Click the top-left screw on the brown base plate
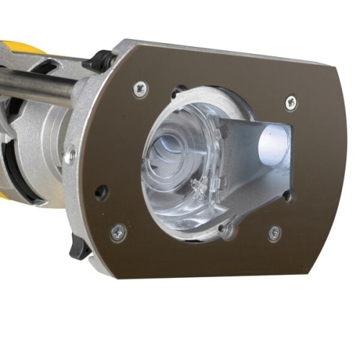click(140, 89)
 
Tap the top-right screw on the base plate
click(290, 102)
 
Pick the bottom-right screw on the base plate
click(274, 233)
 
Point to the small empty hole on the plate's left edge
click(102, 192)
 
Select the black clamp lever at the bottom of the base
click(81, 248)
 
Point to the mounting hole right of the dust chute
click(287, 194)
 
